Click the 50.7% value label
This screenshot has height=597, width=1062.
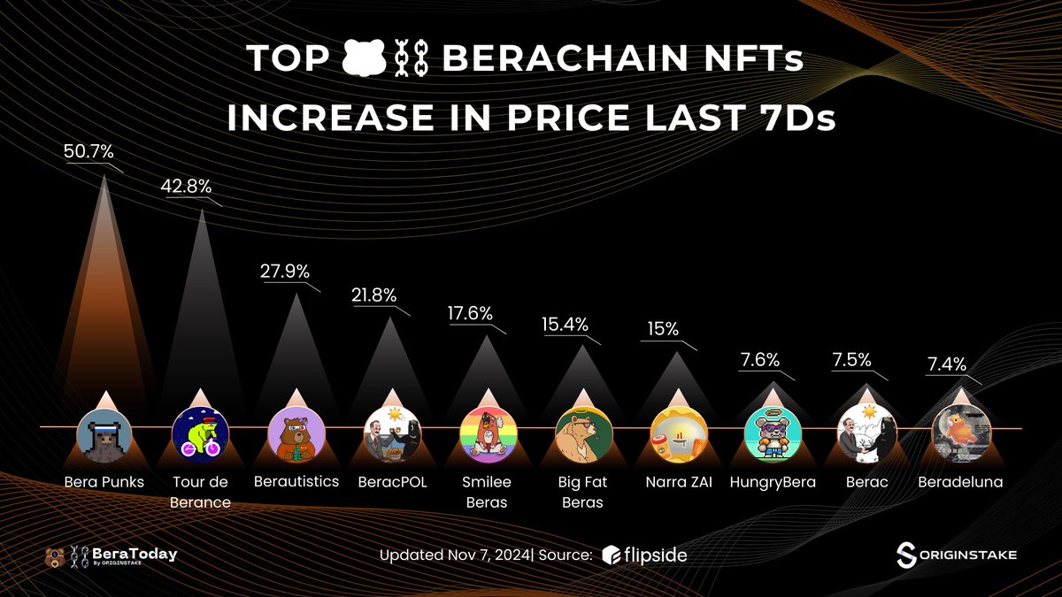[88, 151]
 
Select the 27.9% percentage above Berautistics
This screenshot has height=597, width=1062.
[284, 271]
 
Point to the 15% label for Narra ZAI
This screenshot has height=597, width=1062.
[662, 329]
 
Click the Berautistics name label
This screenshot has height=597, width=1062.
[296, 482]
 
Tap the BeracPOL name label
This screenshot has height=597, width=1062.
[391, 482]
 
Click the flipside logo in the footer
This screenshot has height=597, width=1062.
[644, 555]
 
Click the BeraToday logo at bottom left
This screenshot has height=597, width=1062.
[111, 555]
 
